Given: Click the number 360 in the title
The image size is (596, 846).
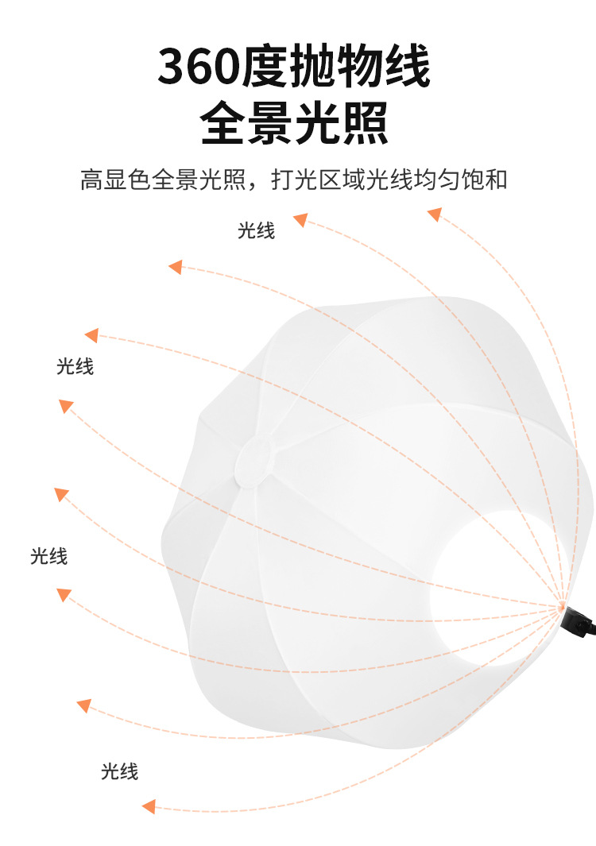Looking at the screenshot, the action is click(x=197, y=68).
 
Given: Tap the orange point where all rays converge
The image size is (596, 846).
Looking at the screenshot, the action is click(x=562, y=607).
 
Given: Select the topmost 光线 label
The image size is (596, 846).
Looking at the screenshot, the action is click(x=256, y=231).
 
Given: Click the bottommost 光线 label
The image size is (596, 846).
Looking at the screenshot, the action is click(x=119, y=771).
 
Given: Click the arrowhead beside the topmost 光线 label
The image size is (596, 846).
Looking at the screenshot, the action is click(x=300, y=219).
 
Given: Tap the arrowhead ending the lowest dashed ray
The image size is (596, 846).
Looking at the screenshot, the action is click(x=149, y=806).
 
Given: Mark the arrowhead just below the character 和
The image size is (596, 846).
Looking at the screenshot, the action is click(x=434, y=214).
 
